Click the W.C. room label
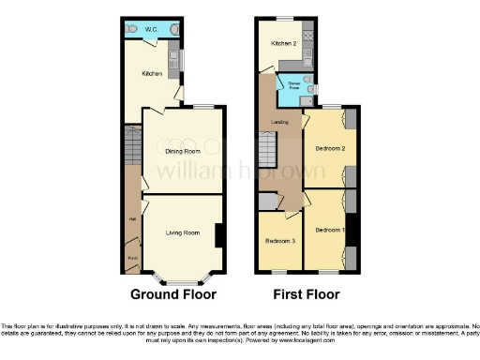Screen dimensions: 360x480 tap(150, 29)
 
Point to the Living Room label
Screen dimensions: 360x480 tap(182, 232)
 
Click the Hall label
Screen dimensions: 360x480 tap(131, 221)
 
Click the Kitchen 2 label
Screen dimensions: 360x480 tap(284, 43)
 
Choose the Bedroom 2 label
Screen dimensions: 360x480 tap(329, 148)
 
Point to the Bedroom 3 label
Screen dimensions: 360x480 tap(278, 240)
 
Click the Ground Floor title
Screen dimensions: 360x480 tap(172, 293)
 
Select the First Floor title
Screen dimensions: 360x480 tap(311, 293)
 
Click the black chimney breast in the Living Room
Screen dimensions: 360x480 tap(218, 235)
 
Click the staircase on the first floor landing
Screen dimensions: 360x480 tap(268, 150)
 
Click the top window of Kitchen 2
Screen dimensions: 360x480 tap(284, 18)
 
